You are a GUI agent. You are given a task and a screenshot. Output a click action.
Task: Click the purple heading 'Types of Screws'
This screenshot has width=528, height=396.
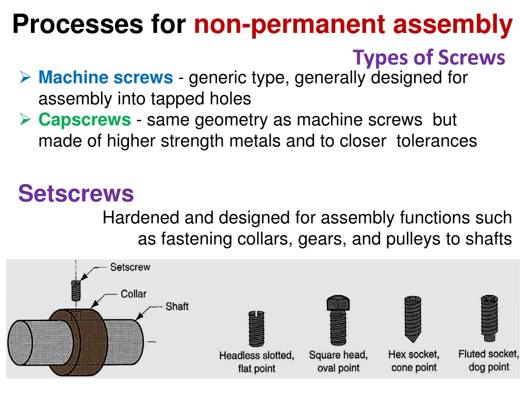pos(428,58)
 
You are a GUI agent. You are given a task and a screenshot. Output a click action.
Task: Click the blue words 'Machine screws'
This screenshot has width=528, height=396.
pos(106,77)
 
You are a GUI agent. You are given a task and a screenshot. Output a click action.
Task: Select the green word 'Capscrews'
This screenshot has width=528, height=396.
pos(85,120)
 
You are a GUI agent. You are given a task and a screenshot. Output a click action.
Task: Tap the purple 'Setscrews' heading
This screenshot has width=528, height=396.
pos(76,193)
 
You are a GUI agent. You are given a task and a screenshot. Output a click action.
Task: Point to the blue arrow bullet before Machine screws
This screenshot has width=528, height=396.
pos(25,77)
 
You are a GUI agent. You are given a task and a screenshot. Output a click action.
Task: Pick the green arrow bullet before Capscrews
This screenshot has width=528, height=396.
pos(25,119)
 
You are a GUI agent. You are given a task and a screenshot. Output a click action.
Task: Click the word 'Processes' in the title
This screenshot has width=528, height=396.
pos(78,24)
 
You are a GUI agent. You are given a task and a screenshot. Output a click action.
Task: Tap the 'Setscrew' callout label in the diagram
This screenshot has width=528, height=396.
pos(130,267)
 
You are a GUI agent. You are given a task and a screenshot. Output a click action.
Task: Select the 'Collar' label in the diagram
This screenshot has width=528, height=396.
pos(134,293)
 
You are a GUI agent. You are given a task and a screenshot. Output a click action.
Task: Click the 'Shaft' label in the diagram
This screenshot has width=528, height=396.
pos(177,306)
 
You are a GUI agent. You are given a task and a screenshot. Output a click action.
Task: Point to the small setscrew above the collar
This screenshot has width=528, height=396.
pos(76,291)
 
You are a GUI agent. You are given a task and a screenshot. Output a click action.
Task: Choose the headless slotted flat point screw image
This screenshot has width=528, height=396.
pos(257,328)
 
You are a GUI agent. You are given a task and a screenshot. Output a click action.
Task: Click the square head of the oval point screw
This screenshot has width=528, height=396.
pos(338,303)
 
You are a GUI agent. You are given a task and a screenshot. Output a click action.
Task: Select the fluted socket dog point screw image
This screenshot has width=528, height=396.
pos(489,319)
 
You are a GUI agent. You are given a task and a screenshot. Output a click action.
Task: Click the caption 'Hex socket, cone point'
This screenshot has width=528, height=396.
pos(414,360)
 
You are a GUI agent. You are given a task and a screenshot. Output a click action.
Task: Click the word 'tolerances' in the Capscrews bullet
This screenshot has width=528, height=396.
pos(436,141)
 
